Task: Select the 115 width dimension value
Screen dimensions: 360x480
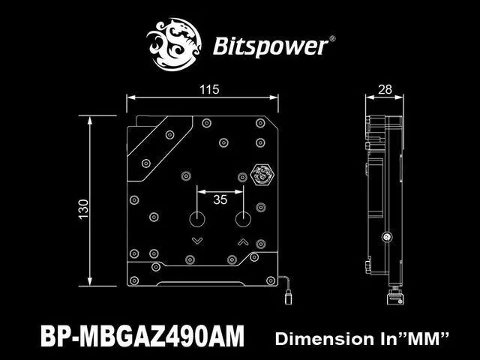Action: [x=209, y=90]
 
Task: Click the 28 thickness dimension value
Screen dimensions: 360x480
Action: [x=385, y=90]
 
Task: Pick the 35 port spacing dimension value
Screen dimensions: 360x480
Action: [x=220, y=199]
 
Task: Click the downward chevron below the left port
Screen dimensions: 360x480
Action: [x=197, y=241]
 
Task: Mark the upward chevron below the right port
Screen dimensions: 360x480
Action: [x=243, y=241]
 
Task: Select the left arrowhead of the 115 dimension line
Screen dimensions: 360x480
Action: [x=130, y=97]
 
